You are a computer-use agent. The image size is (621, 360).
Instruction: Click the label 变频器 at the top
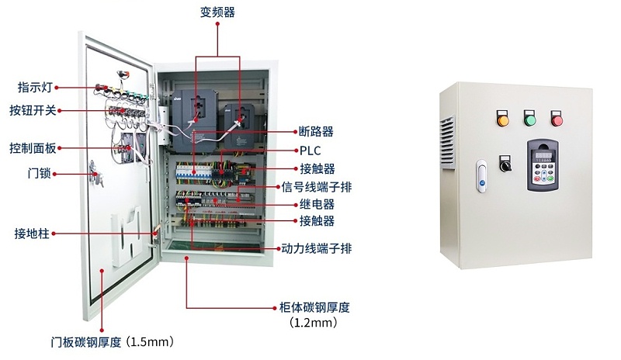[x=217, y=12]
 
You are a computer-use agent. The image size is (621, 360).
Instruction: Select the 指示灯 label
[x=34, y=87]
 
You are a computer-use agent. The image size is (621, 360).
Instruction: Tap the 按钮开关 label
[x=33, y=110]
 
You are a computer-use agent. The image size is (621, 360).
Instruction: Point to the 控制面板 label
[x=33, y=147]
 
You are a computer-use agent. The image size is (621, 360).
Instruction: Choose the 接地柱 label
[x=32, y=233]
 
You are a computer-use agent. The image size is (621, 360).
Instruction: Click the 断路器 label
[x=316, y=131]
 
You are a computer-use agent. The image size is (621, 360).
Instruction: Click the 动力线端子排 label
[x=315, y=249]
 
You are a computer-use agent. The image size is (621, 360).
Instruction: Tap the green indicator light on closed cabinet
[x=530, y=119]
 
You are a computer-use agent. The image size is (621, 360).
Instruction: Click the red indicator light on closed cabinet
[x=557, y=119]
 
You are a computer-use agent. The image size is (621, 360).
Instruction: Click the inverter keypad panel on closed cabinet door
[x=542, y=165]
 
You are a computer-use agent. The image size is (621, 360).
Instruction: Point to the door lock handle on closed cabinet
[x=481, y=175]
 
